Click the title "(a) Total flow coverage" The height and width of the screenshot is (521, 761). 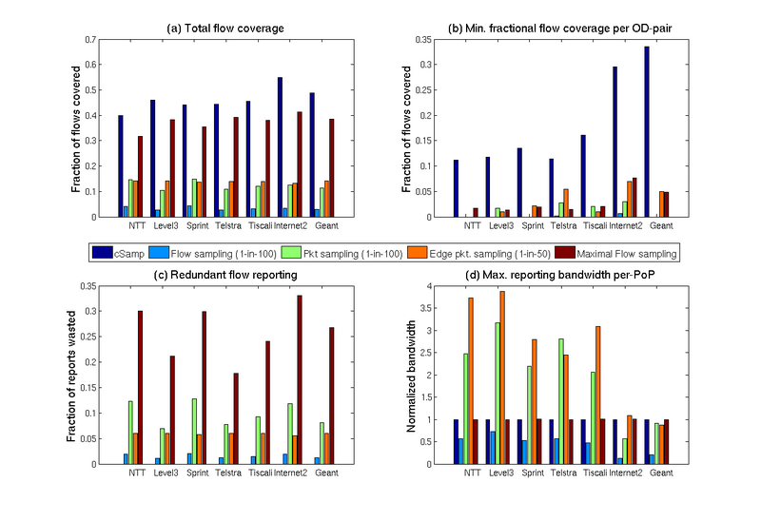coord(225,28)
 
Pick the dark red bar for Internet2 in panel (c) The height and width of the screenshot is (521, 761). coord(299,379)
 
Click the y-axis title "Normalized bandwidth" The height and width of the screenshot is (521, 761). coord(411,375)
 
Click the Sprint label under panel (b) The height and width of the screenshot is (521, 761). coord(533,226)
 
